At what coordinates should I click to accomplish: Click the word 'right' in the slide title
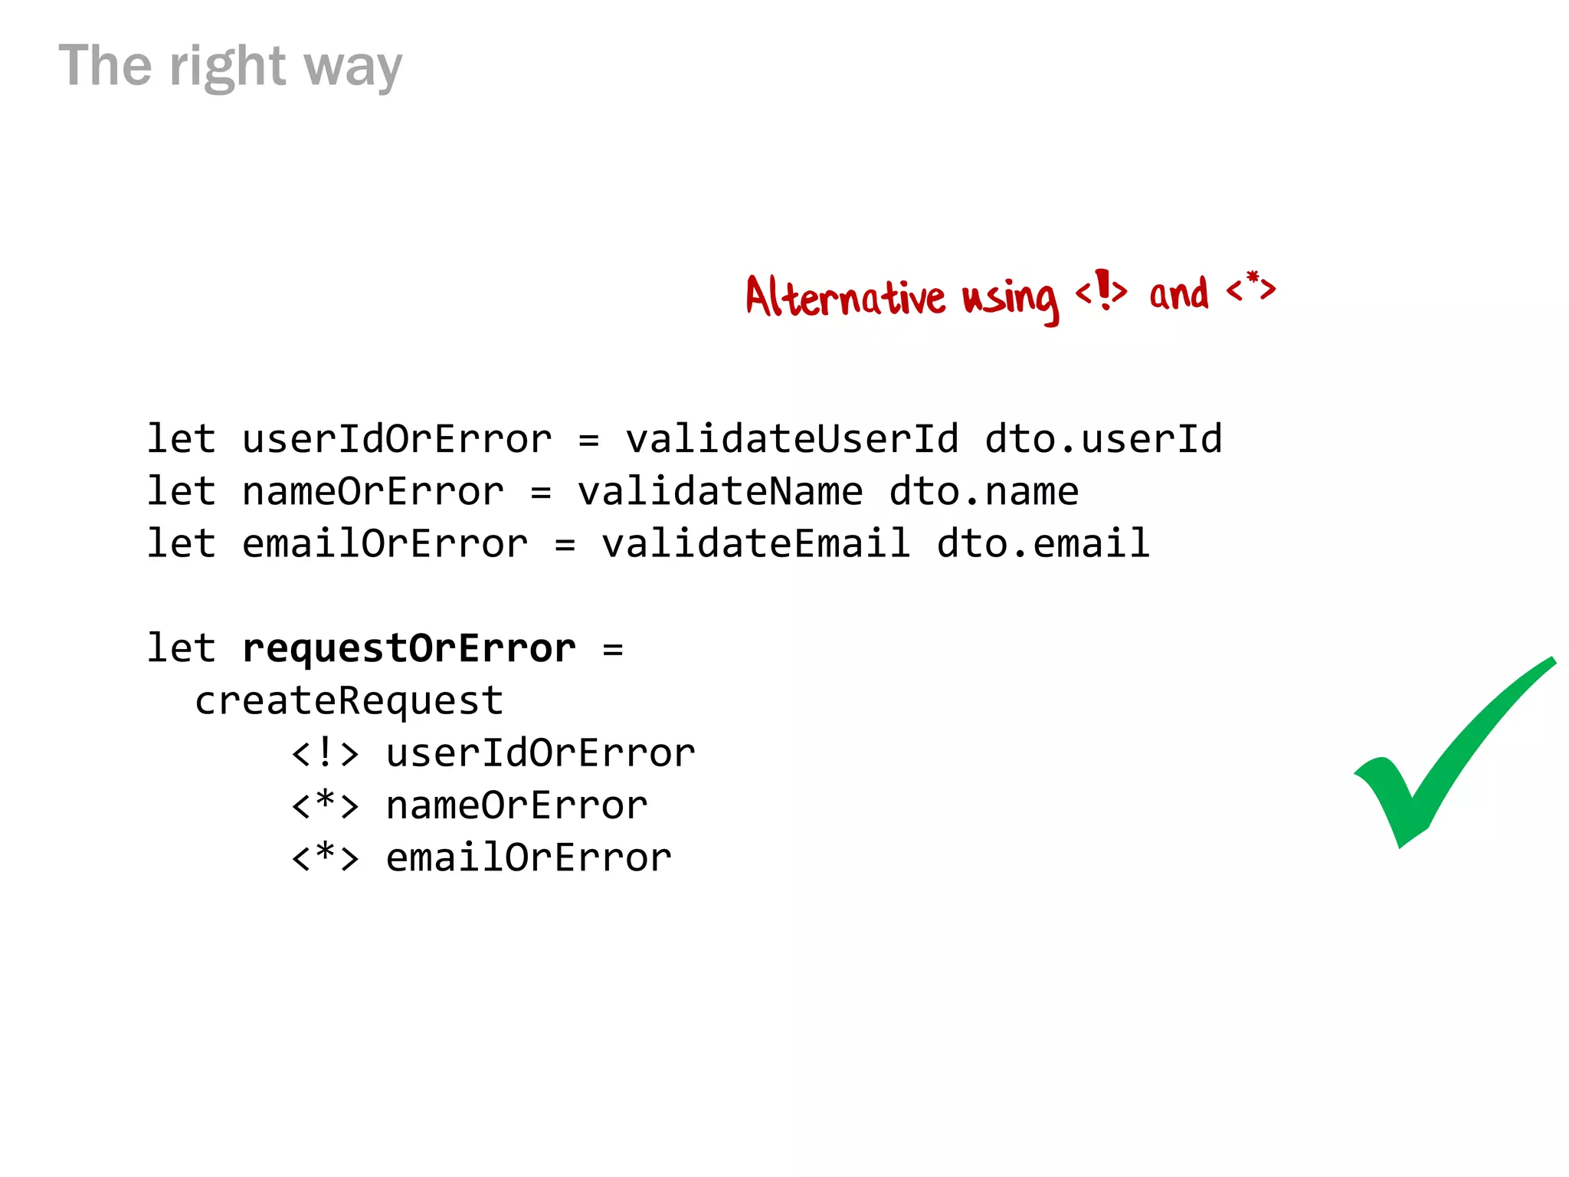point(228,67)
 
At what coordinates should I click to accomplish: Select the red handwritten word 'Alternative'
point(845,297)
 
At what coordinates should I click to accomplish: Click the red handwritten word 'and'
point(1178,293)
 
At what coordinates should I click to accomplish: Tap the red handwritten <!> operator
point(1102,290)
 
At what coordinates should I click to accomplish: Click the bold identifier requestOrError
point(409,649)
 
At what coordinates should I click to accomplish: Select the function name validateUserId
point(792,439)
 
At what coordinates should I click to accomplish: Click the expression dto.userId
point(1103,439)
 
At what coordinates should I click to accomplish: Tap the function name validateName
point(720,492)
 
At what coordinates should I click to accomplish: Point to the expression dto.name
point(984,492)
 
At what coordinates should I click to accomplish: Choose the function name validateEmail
point(756,544)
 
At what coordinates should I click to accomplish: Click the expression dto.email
point(1043,544)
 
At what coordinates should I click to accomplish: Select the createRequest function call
point(349,701)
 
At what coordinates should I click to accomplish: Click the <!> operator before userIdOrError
point(326,753)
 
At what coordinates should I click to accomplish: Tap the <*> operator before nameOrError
point(326,805)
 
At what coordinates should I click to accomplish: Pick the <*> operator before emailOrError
point(326,857)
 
